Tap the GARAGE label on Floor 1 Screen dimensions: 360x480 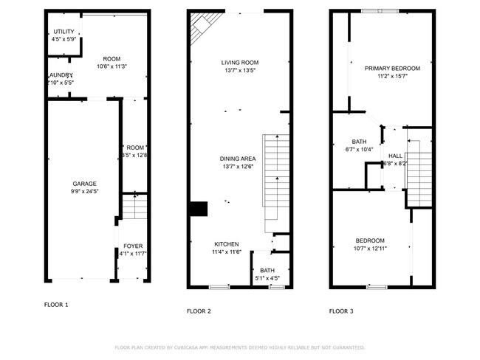84,184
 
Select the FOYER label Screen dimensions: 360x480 133,246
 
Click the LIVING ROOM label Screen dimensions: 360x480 240,63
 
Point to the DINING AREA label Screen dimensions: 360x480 238,159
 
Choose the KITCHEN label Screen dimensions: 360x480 226,244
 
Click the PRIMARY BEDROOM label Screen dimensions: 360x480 392,68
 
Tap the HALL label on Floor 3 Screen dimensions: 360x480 395,156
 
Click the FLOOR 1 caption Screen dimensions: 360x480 56,304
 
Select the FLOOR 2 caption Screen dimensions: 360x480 199,311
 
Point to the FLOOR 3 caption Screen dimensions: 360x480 341,311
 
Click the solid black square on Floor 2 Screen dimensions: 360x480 199,210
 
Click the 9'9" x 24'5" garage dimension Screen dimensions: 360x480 84,192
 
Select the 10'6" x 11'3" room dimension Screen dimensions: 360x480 112,66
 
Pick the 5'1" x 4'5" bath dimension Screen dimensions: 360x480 267,278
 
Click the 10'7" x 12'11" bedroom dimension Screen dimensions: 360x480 370,249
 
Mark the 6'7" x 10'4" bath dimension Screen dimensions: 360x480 360,150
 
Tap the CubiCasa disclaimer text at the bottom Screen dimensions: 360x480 239,347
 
